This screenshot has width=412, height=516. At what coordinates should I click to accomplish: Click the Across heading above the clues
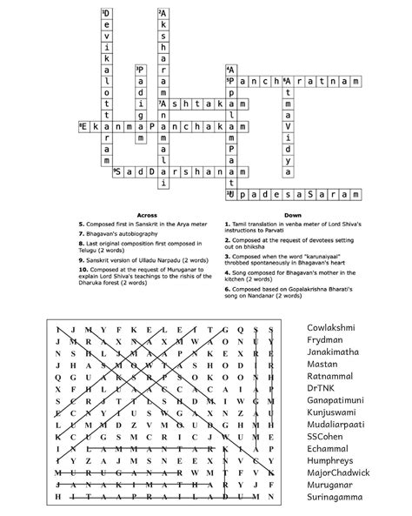click(x=147, y=215)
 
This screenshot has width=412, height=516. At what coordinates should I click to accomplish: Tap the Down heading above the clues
click(x=291, y=215)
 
